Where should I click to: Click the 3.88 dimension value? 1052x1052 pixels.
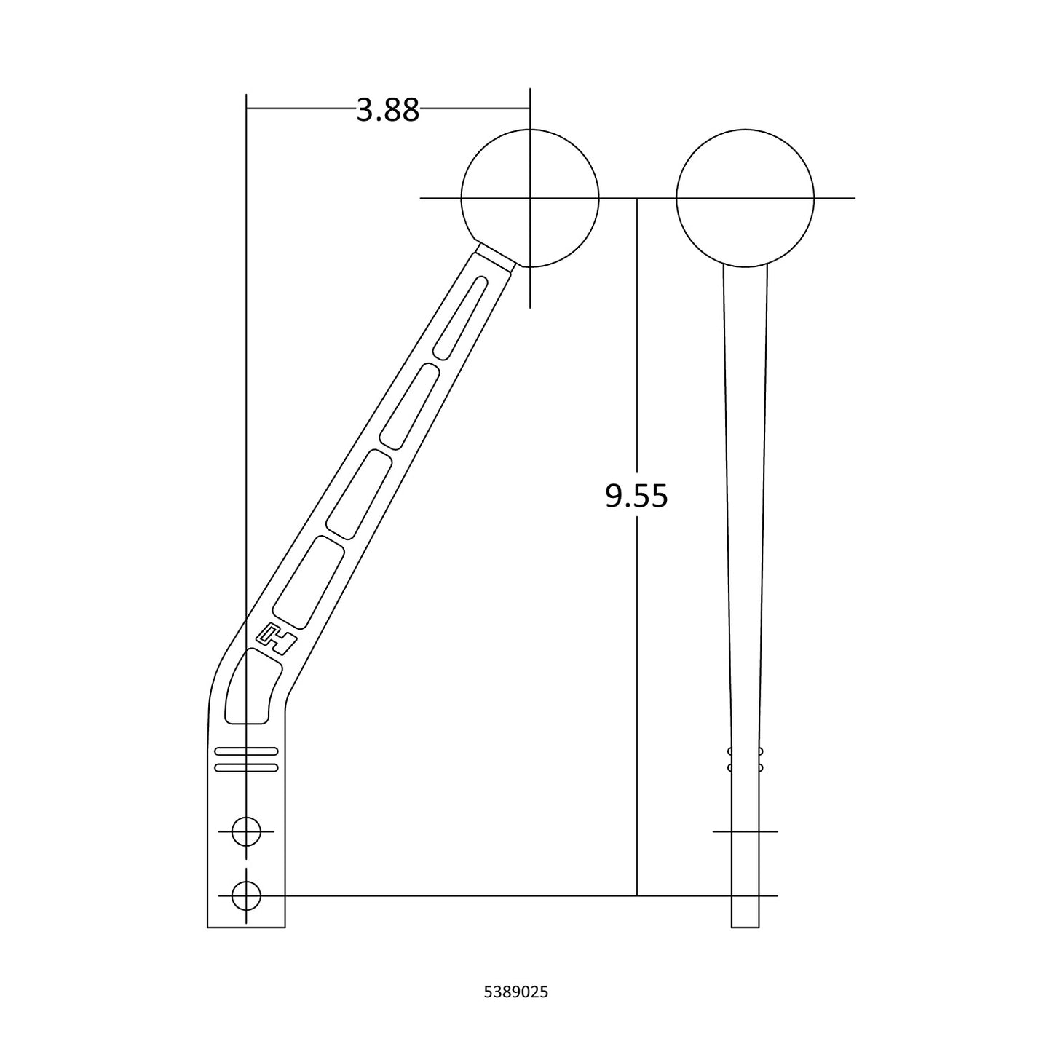pos(387,110)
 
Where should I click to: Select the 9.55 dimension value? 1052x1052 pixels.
pos(636,497)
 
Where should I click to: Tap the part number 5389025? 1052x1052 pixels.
pos(516,992)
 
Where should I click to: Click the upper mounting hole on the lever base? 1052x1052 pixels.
pos(246,831)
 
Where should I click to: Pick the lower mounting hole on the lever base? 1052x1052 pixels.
pos(246,896)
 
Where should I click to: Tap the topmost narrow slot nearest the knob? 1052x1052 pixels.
pos(460,318)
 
